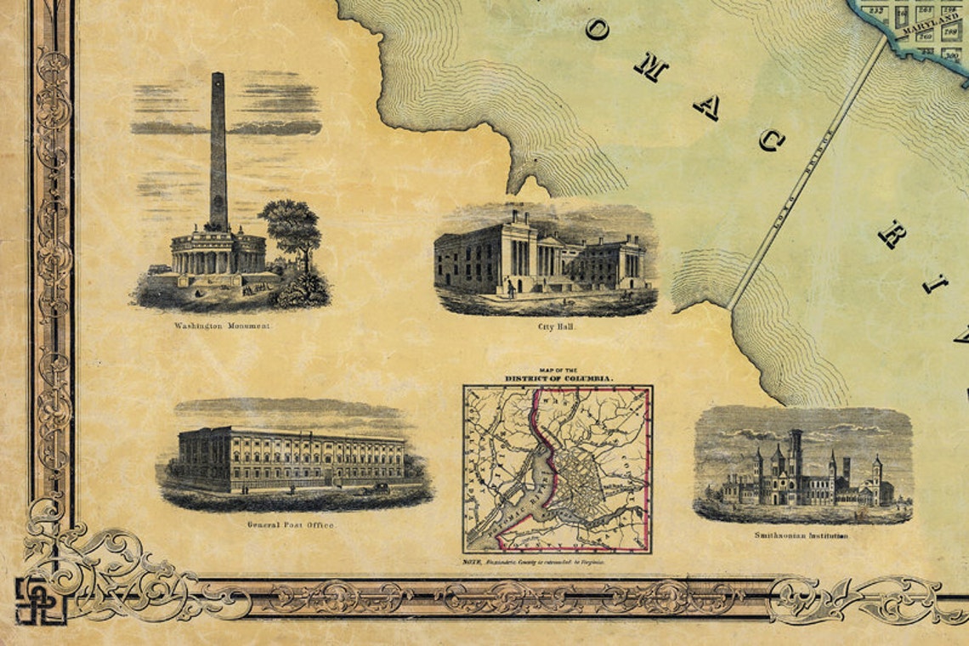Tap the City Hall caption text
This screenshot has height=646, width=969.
(x=545, y=326)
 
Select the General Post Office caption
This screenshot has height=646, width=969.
(x=291, y=525)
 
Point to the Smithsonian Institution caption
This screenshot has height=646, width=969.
(x=802, y=535)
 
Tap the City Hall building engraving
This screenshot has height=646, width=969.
(x=544, y=255)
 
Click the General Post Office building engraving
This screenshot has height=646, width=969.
(x=291, y=459)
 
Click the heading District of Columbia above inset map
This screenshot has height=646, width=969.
(x=558, y=377)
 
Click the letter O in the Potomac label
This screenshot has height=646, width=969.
(x=598, y=30)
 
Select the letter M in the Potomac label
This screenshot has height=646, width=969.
(x=650, y=67)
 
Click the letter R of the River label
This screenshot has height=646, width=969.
(x=892, y=233)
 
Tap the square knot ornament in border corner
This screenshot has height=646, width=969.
(x=40, y=600)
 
